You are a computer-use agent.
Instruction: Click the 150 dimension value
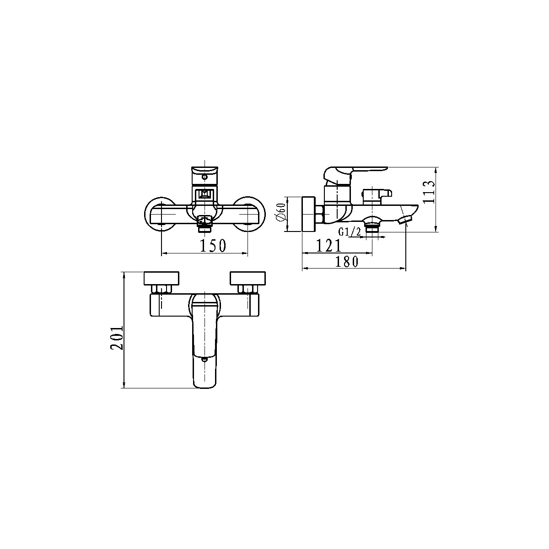213,246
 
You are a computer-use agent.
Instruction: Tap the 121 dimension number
329,245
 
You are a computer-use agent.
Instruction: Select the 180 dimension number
346,262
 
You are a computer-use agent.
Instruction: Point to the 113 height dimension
429,192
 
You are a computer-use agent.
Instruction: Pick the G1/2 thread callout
350,232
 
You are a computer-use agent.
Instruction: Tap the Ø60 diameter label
281,212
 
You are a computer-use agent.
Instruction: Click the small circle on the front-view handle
204,177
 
